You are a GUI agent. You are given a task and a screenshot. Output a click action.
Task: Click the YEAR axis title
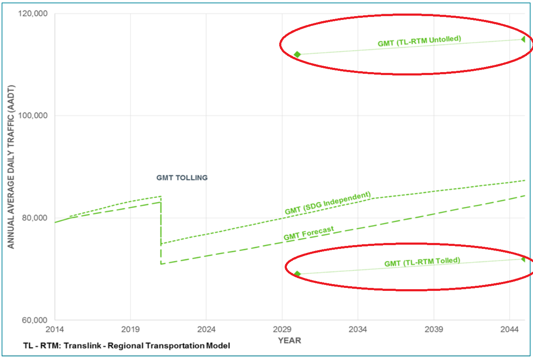point(289,340)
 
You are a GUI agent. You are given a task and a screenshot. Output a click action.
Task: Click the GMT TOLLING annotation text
point(182,178)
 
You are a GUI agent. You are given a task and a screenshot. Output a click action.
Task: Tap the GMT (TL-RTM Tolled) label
point(422,262)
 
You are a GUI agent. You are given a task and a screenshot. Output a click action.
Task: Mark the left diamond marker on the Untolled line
point(297,54)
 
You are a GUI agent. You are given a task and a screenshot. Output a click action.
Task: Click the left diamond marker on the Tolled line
point(297,274)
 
